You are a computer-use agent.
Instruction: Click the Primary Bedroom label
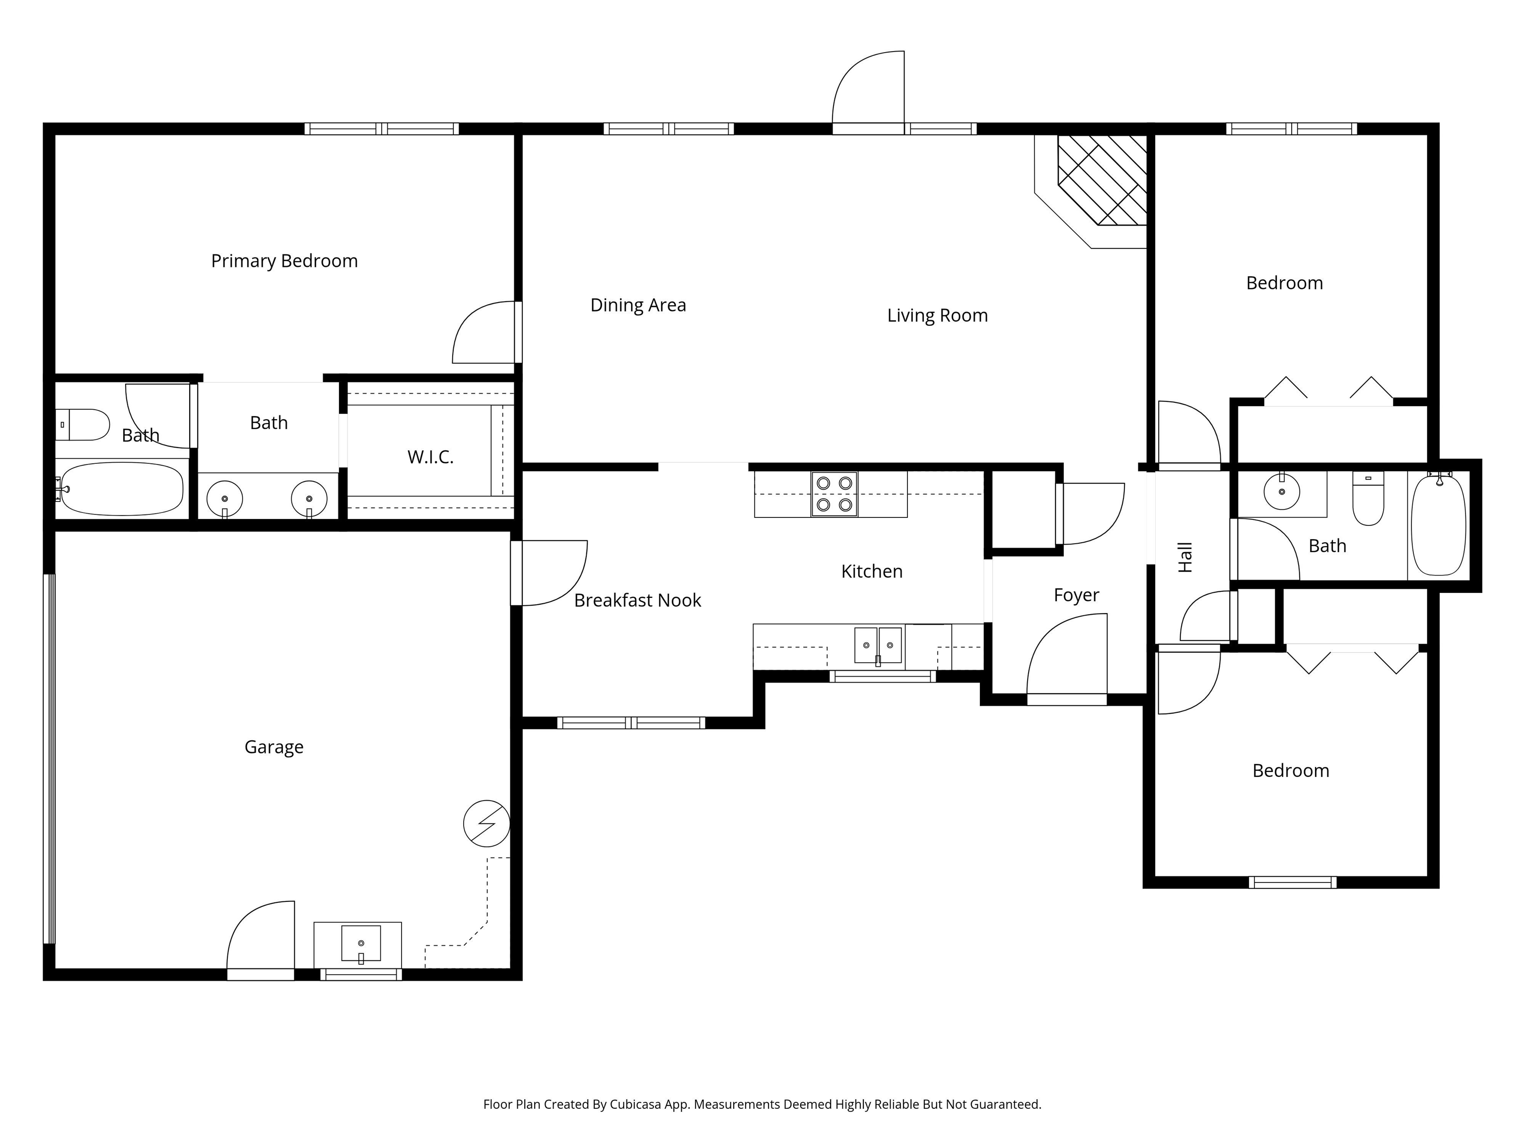284,261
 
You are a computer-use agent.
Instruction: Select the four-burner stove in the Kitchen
834,494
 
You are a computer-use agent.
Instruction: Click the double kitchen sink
878,645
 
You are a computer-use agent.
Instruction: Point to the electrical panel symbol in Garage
486,824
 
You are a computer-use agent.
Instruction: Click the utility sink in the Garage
360,943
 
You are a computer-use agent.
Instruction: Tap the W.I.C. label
430,457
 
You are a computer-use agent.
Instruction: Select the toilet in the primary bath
84,424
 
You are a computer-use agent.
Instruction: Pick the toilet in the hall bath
1368,500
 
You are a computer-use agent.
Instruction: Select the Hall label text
1185,558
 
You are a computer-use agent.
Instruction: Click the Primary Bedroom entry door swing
485,333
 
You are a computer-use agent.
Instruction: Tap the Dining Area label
638,305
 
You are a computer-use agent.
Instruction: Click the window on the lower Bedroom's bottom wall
1292,882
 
